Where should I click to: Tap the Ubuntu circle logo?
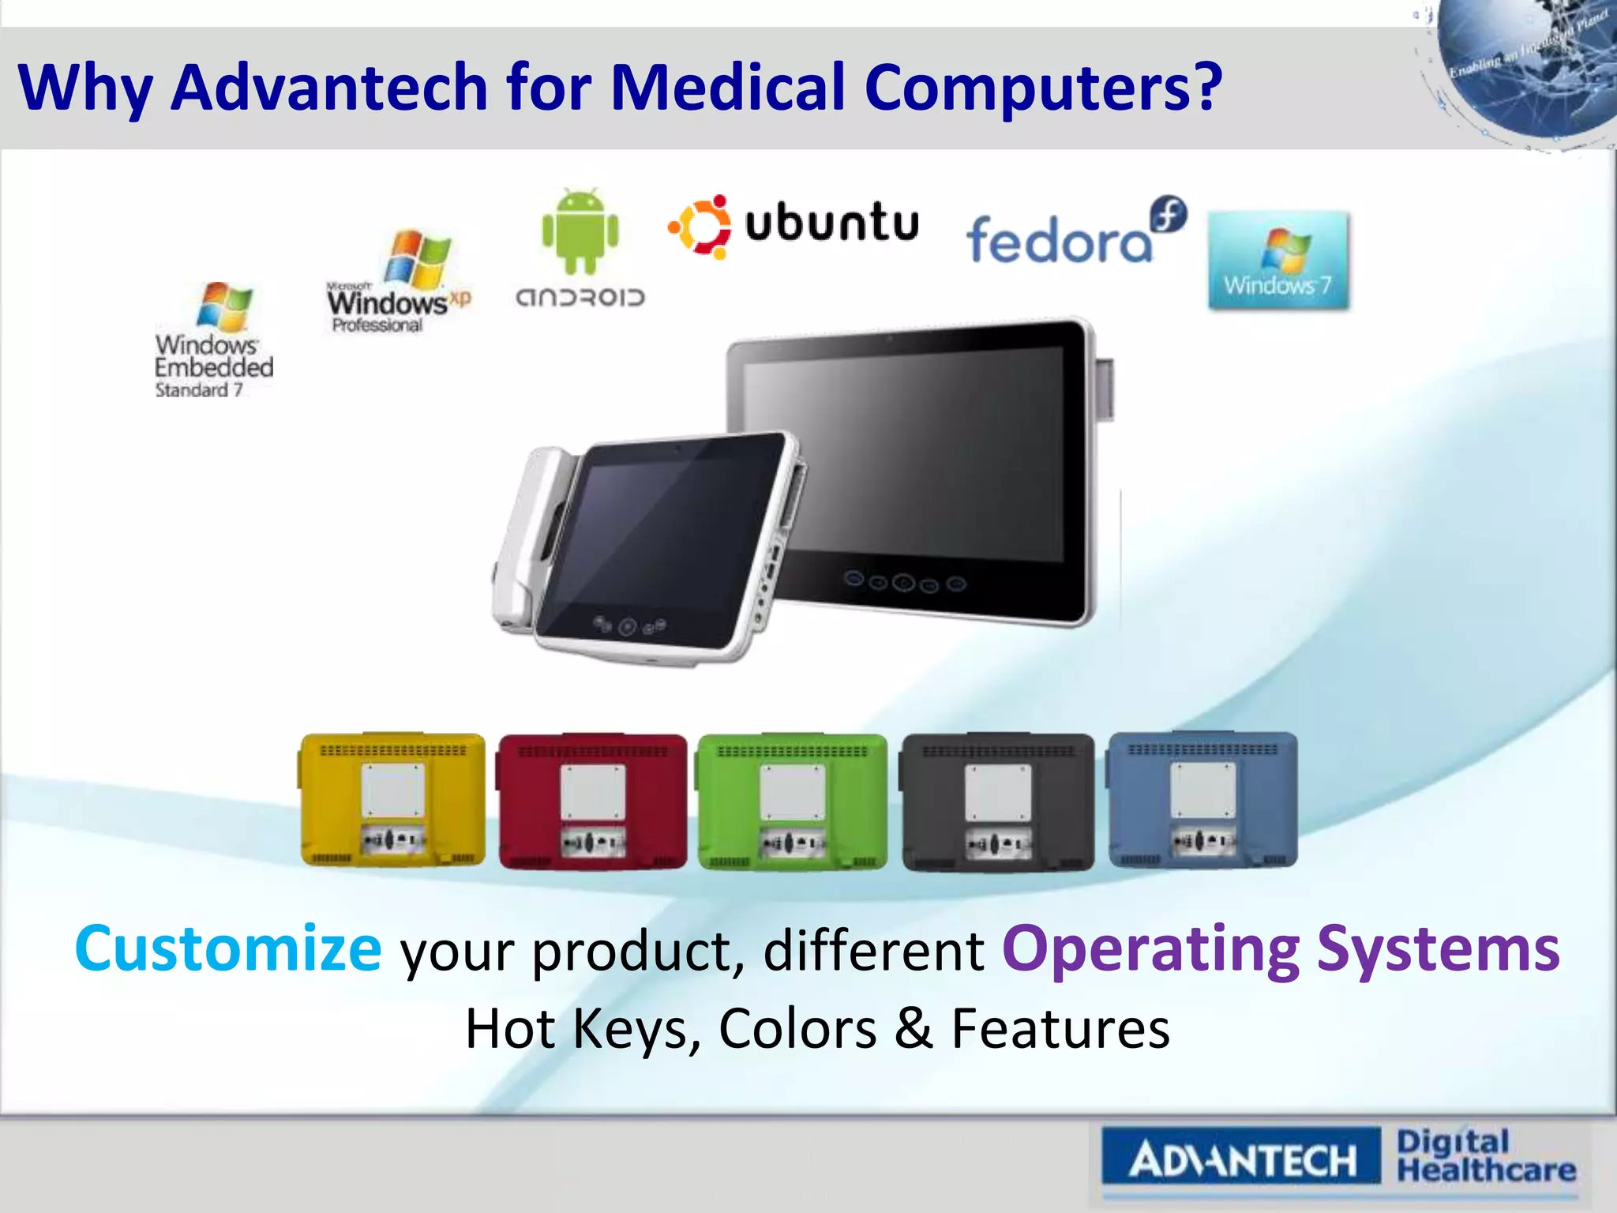[700, 227]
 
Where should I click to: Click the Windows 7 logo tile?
[1277, 260]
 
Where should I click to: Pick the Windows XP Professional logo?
[400, 282]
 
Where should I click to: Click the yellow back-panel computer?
[393, 800]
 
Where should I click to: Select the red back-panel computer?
[592, 802]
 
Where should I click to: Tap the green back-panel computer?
[792, 802]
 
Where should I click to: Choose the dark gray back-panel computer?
[998, 802]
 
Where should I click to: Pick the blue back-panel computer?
[1202, 800]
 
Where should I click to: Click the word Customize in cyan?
[228, 948]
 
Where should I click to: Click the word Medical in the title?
[728, 87]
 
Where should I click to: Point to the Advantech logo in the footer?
[1241, 1160]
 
